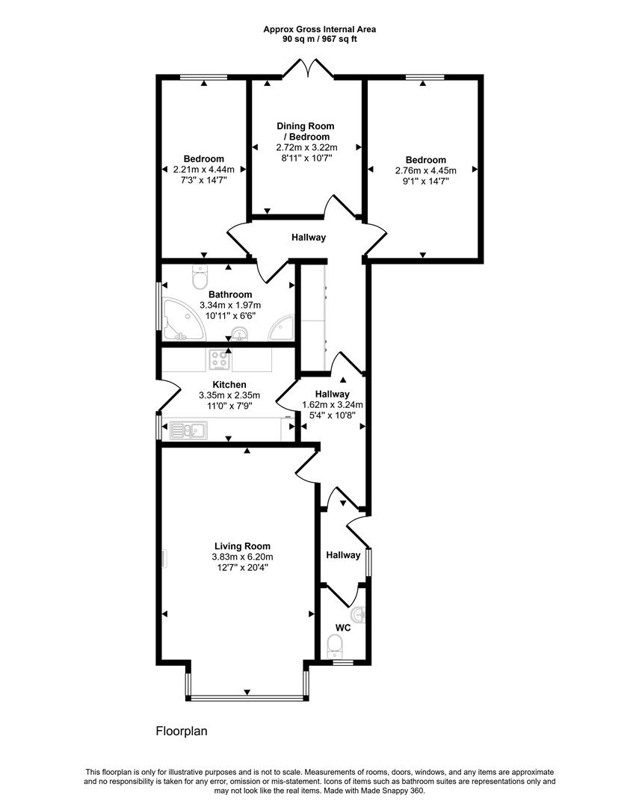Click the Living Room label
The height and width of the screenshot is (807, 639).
coord(241,546)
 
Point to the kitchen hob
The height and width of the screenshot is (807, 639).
coord(219,360)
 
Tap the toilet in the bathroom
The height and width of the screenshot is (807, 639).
coord(200,278)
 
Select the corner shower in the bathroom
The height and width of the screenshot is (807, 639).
coord(282,327)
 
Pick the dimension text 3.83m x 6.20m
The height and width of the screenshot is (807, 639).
coord(241,557)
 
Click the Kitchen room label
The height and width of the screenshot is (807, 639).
coord(229,385)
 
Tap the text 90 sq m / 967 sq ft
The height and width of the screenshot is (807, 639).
coord(319,39)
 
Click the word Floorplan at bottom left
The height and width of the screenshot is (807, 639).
coord(181,732)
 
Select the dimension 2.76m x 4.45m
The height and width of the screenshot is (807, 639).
coord(425,170)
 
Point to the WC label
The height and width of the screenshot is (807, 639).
coord(343,628)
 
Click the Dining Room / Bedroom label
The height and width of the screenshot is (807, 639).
coord(306,132)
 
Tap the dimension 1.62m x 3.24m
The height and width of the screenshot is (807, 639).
coord(332,405)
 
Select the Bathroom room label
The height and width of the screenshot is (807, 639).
coord(229,294)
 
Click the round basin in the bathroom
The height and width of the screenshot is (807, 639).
coord(240,334)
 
